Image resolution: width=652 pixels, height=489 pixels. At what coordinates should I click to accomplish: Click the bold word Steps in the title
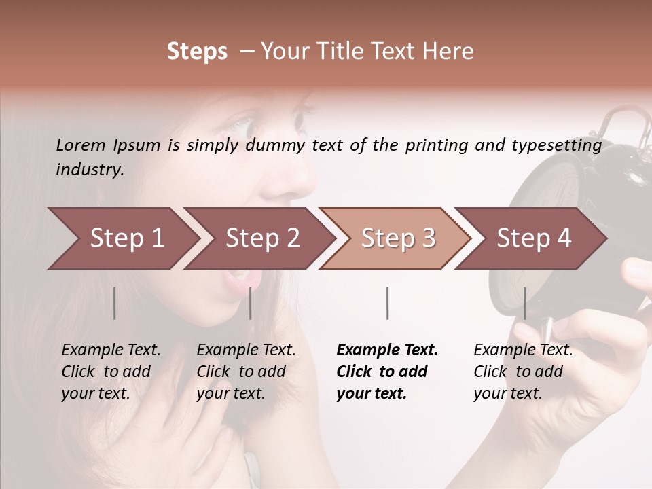pos(197,52)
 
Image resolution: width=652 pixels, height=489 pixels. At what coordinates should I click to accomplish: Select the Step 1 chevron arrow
pos(122,238)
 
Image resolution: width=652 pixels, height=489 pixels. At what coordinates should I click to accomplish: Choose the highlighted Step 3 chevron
pos(396,238)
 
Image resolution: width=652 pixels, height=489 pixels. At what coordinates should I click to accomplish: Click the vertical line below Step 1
pos(115,303)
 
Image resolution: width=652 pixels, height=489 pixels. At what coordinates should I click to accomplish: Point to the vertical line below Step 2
pos(251,303)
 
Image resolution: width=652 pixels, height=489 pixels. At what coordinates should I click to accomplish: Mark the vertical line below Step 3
pos(387,303)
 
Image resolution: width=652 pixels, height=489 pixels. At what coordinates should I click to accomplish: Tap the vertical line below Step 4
pos(524,303)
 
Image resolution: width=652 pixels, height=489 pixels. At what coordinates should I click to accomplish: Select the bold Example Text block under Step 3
pos(387,372)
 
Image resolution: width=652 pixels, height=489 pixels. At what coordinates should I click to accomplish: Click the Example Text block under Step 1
pos(111,372)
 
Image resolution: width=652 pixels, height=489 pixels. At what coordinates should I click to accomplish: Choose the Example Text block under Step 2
pos(246,372)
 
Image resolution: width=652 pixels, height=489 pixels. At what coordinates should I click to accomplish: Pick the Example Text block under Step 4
pos(523,372)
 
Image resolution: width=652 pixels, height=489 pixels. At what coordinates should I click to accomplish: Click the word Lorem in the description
pos(81,145)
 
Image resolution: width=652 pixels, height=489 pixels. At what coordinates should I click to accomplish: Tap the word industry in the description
pos(90,170)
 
